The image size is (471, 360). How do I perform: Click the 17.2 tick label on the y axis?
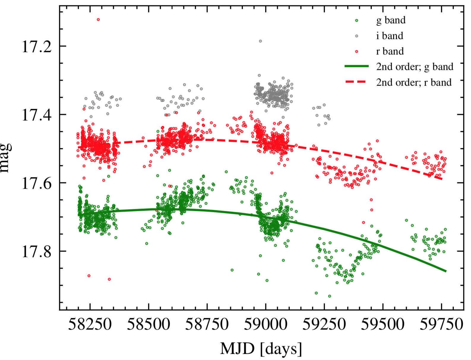[x=33, y=47]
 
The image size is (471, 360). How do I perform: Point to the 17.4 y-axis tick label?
[x=33, y=115]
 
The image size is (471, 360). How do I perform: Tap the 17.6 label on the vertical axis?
[x=33, y=183]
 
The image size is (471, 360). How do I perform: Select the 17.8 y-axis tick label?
[x=33, y=251]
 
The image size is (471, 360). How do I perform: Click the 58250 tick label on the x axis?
[x=90, y=324]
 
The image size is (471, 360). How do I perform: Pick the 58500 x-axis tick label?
[x=148, y=324]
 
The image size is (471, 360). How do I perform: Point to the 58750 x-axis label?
[x=207, y=324]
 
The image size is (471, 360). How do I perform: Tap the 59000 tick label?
[x=265, y=324]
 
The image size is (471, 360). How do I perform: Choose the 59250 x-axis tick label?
[x=324, y=324]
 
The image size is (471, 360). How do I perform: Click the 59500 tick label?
[x=383, y=324]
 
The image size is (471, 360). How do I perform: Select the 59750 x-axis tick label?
[x=441, y=324]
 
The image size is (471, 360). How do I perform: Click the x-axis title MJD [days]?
[x=261, y=348]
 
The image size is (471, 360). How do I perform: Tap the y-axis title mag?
[x=5, y=158]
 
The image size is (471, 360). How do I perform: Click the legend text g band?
[x=391, y=20]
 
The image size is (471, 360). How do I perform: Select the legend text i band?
[x=390, y=36]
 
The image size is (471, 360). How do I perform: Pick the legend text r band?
[x=390, y=51]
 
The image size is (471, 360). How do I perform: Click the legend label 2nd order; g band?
[x=415, y=67]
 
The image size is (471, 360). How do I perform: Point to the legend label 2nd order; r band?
[x=414, y=82]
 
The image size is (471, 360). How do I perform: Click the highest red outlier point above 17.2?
[x=98, y=20]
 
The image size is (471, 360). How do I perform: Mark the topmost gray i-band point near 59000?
[x=260, y=41]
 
